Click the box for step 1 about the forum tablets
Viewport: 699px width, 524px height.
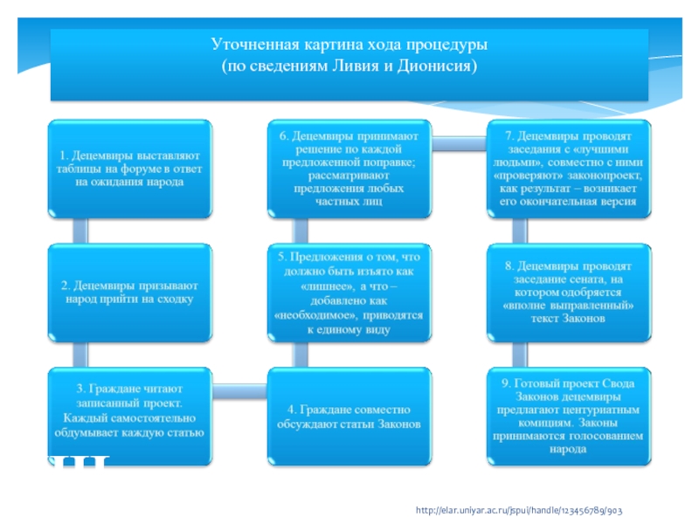128,169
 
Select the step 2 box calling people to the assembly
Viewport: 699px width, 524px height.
128,293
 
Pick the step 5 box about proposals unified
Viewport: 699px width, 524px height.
348,293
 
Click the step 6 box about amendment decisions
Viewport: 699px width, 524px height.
348,169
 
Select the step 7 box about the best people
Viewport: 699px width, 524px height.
568,169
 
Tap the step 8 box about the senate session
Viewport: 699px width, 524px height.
568,293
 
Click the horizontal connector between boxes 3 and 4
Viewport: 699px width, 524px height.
239,384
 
